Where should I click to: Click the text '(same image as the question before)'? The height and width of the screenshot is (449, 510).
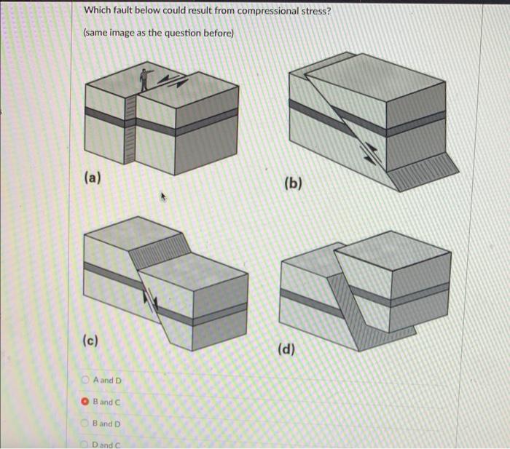click(158, 33)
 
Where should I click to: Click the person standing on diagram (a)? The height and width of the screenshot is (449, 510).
click(146, 76)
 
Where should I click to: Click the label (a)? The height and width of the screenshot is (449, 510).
click(93, 177)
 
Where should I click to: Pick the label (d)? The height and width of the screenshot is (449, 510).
click(286, 349)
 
